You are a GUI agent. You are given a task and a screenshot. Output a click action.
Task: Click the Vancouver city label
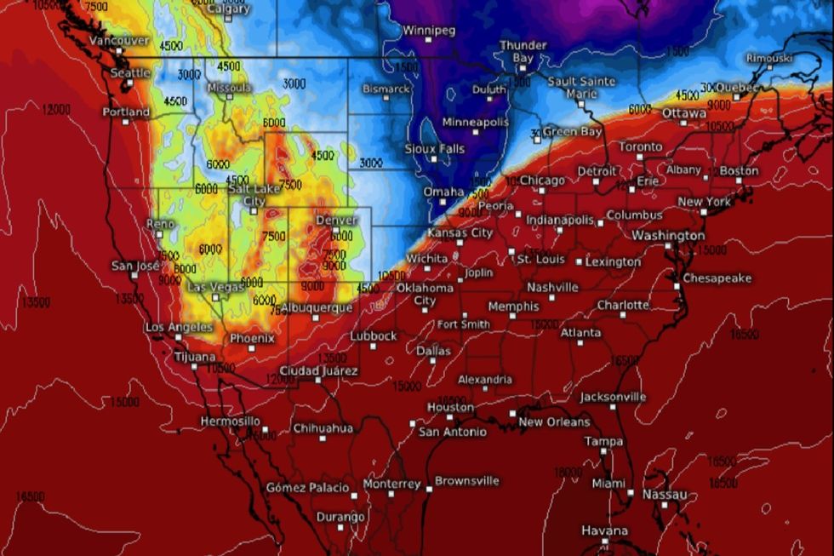119,40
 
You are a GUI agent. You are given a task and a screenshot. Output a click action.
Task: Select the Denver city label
336,220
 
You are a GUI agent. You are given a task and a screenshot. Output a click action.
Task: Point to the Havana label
604,530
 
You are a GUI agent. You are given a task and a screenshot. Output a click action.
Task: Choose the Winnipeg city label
429,31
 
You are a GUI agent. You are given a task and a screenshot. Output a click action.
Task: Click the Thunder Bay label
517,51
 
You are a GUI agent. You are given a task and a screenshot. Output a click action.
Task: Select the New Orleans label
554,421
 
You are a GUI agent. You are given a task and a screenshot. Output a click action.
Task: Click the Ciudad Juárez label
319,371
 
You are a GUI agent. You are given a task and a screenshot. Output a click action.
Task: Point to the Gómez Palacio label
306,488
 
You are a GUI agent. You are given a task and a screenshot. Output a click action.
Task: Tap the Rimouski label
768,58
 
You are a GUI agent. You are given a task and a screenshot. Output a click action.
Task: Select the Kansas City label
460,232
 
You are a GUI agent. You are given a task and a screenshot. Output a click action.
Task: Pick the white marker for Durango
340,528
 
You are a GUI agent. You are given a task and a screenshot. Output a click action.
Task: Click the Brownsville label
467,481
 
